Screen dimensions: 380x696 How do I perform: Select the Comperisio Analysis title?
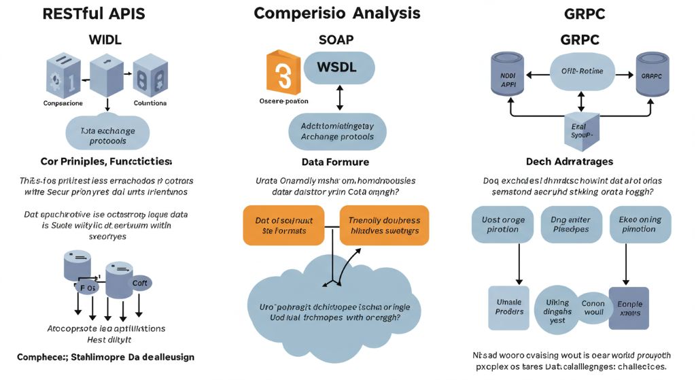pos(337,13)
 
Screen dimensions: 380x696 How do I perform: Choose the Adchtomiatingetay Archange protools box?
pos(337,131)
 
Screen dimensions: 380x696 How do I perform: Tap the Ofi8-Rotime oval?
pos(581,71)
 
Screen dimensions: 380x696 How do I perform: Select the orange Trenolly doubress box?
pos(384,225)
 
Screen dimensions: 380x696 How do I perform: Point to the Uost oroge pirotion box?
pos(504,224)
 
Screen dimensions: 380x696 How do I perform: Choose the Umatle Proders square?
pos(509,307)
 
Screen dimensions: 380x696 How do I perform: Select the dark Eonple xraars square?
pos(629,307)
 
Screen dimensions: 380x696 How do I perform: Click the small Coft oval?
pos(141,283)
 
